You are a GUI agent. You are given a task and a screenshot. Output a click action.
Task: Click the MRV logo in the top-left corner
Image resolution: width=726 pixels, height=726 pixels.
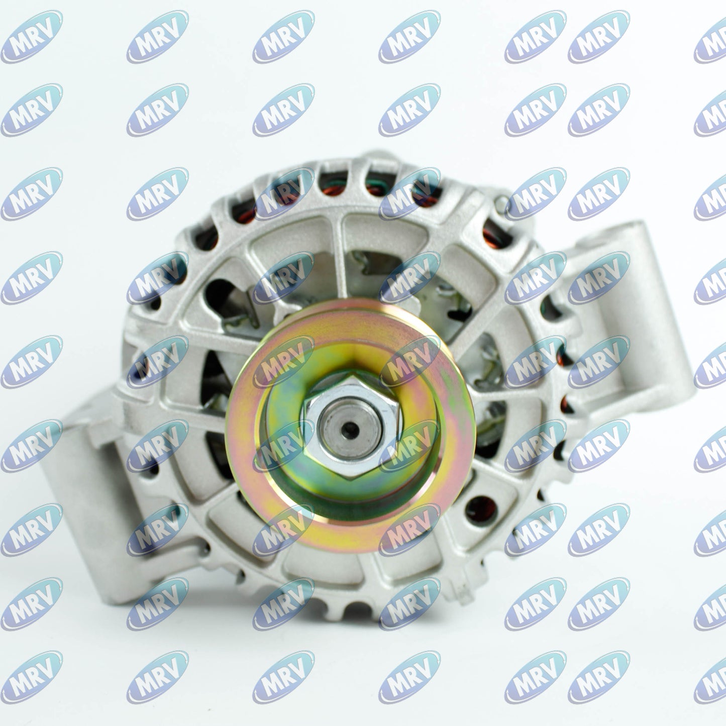click(x=32, y=37)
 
